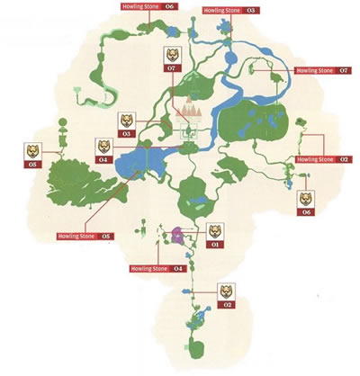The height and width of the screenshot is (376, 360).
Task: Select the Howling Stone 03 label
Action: coord(228,10)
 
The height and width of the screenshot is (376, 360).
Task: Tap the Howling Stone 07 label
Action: coord(323,70)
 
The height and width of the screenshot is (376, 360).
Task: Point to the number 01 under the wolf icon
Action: coord(214,244)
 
